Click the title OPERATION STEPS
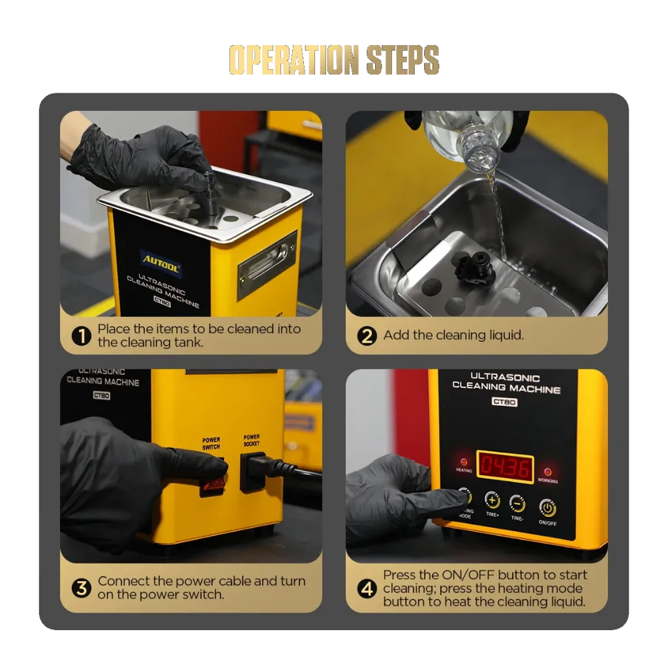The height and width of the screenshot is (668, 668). click(334, 59)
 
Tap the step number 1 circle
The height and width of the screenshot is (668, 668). click(82, 336)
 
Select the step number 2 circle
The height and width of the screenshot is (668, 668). click(367, 336)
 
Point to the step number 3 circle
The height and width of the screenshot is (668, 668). click(82, 588)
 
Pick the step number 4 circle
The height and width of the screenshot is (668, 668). click(367, 589)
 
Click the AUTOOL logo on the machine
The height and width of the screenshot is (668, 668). click(160, 262)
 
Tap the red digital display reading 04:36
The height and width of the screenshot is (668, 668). click(505, 467)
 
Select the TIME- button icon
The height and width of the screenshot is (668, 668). click(517, 504)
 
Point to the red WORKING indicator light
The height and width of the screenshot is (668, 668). click(548, 472)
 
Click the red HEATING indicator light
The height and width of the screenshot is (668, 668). click(464, 462)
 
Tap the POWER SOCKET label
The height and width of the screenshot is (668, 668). click(251, 440)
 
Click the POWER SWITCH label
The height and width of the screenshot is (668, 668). click(211, 444)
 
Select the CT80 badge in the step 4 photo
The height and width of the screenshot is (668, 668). click(504, 402)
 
